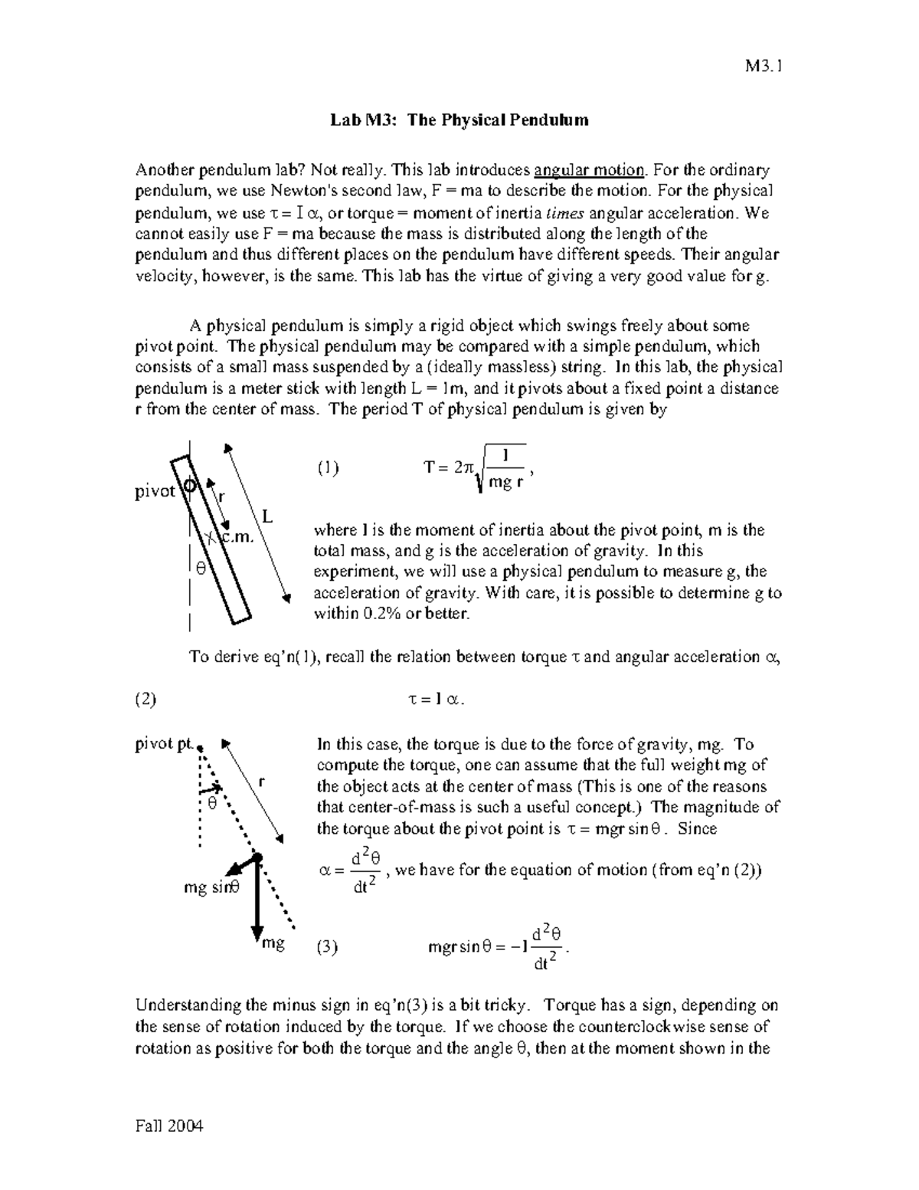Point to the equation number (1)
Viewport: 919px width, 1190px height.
click(x=327, y=468)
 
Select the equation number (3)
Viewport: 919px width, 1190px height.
click(x=327, y=946)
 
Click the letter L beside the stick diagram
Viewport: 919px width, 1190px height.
click(x=267, y=517)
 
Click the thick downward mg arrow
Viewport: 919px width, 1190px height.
click(x=257, y=900)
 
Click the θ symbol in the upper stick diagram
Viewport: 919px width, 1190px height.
click(x=201, y=568)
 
